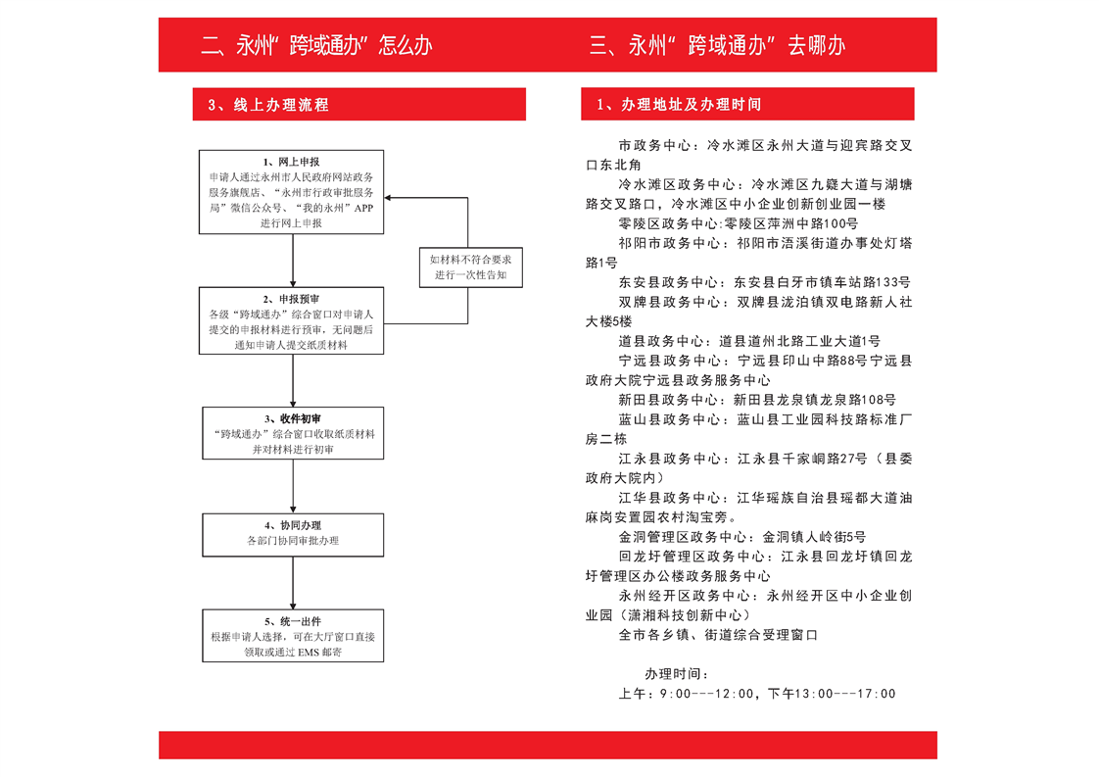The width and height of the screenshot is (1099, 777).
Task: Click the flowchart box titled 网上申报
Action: point(292,191)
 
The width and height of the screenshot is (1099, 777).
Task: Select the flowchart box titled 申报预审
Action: point(292,320)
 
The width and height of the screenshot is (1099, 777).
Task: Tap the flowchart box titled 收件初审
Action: point(293,433)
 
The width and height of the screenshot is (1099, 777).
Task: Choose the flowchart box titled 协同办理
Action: point(293,535)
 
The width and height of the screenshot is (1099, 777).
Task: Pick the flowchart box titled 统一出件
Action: point(293,635)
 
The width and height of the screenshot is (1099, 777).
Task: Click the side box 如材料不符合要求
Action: point(471,267)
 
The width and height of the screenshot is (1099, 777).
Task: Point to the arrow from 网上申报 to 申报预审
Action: point(293,261)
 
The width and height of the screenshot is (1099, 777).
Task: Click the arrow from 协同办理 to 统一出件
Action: point(293,583)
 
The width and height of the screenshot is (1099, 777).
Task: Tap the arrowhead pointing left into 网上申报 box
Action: point(388,198)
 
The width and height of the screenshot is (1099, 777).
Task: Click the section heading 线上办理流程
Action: point(268,105)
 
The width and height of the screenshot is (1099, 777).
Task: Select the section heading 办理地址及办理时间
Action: point(679,105)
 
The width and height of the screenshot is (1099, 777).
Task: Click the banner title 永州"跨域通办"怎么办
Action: point(316,46)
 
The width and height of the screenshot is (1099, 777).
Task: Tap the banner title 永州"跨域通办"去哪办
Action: point(718,46)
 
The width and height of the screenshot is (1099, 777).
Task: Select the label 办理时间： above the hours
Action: point(677,674)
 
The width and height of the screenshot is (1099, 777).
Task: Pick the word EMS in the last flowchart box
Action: point(309,653)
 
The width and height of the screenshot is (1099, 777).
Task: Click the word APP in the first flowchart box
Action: point(363,208)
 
